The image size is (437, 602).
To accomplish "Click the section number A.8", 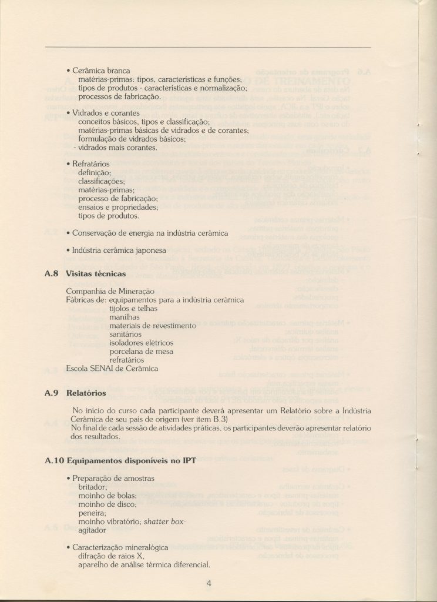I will [x=53, y=274].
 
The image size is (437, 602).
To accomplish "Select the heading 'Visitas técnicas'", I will [x=96, y=274].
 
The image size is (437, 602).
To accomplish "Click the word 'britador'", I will [x=93, y=487].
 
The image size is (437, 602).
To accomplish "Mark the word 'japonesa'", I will [x=147, y=250].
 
